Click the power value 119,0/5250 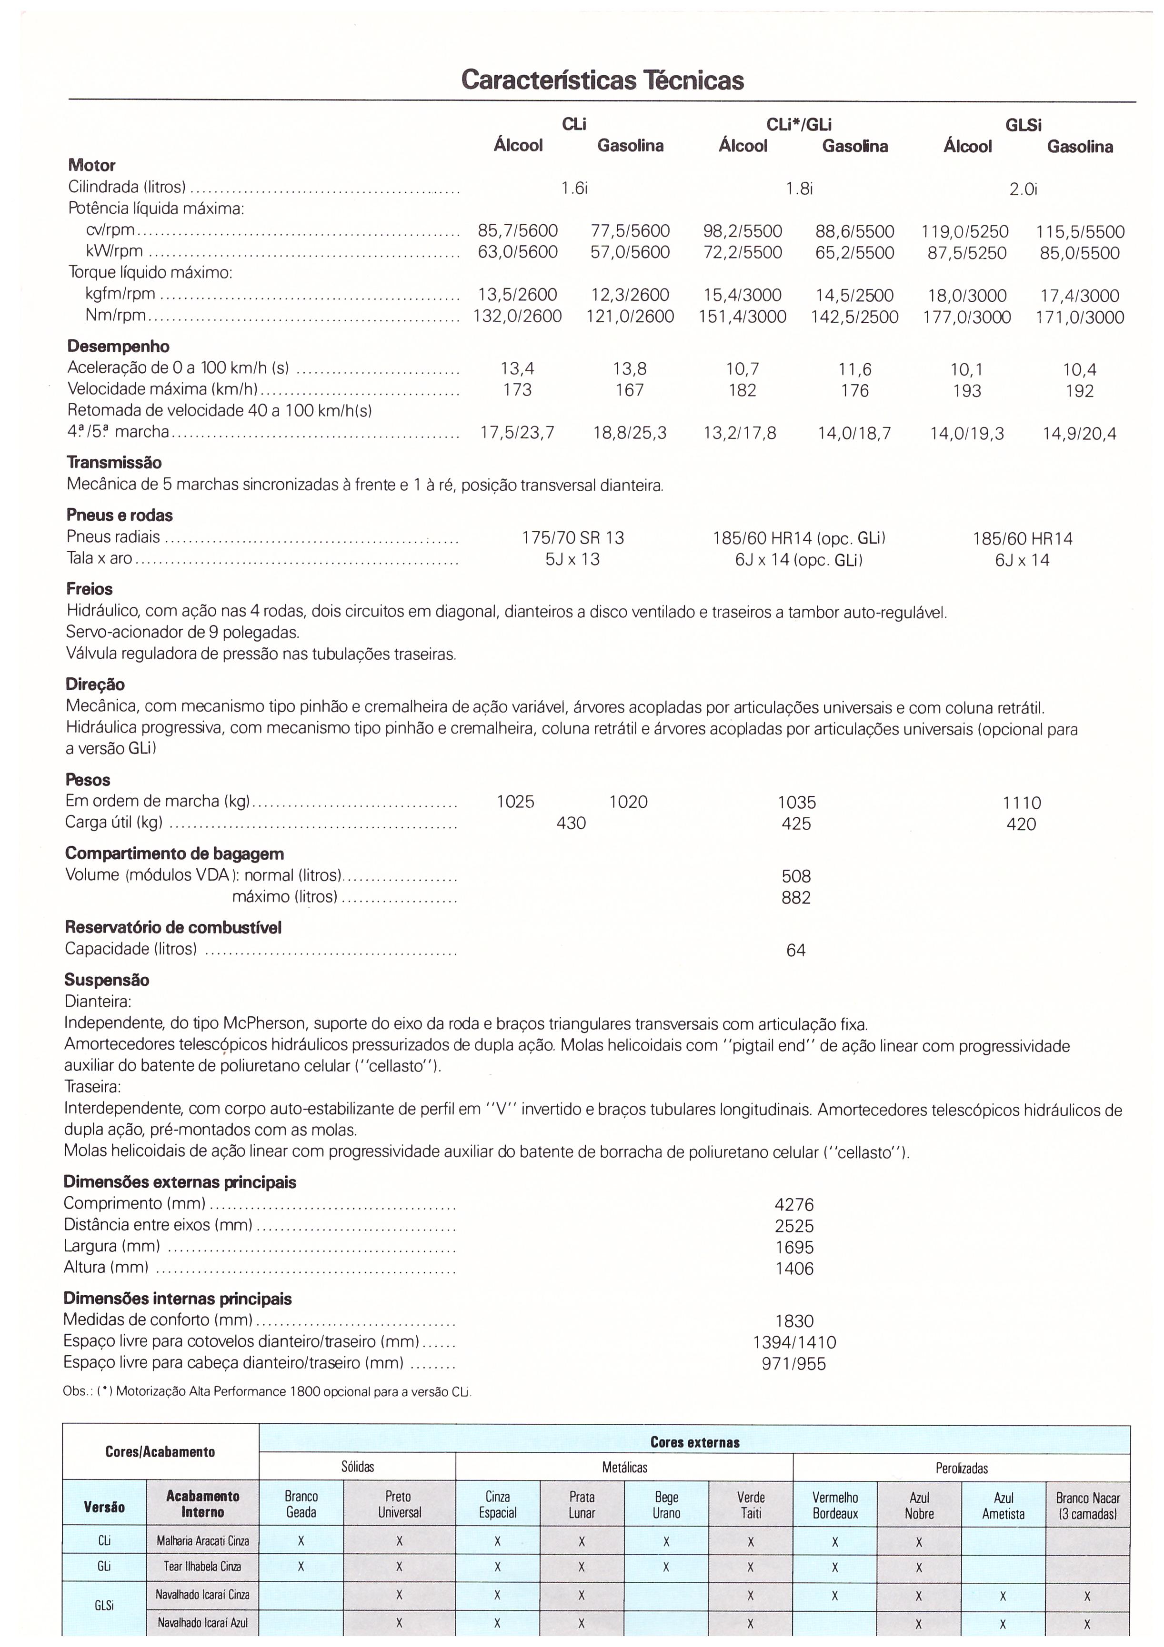[x=965, y=232]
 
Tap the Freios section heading [x=90, y=590]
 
